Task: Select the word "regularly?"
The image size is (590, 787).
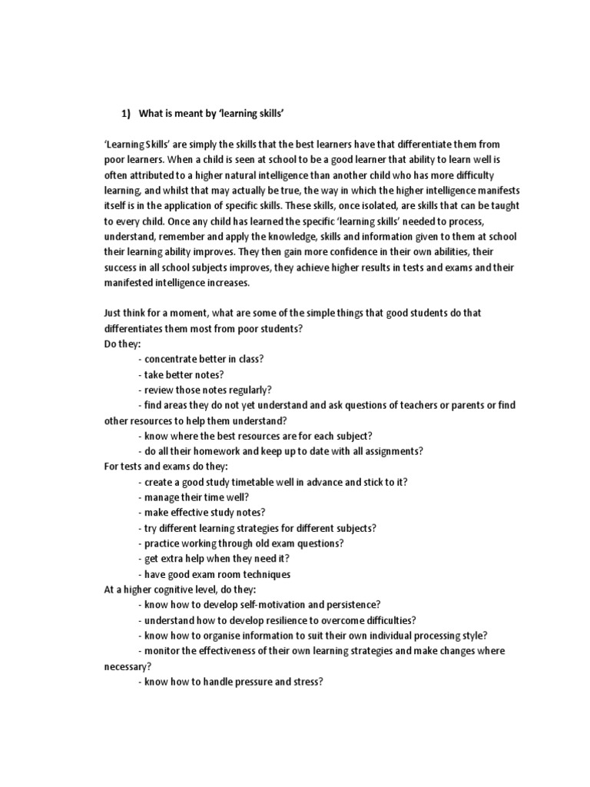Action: (247, 390)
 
